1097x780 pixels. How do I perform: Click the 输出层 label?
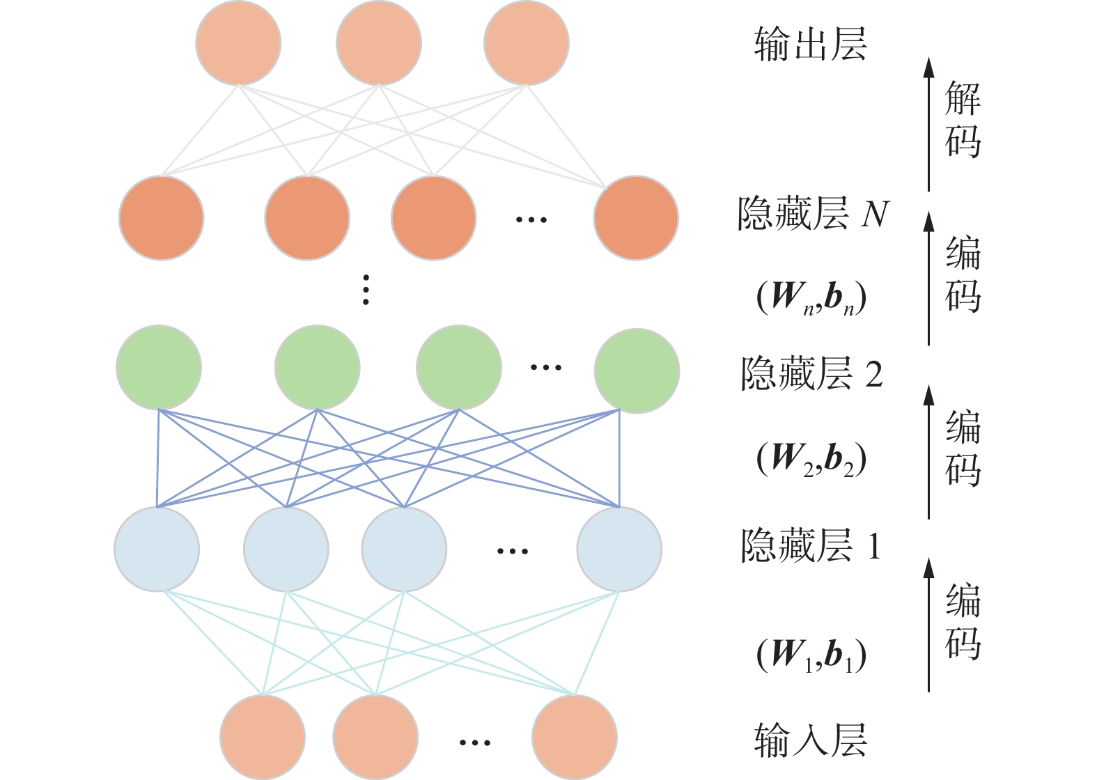pos(810,45)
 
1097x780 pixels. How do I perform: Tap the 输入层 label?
pos(810,740)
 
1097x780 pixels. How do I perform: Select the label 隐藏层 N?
pos(813,214)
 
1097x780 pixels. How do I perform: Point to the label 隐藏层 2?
pos(811,374)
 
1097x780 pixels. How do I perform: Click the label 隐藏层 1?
pos(811,546)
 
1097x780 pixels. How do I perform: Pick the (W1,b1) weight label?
pos(811,655)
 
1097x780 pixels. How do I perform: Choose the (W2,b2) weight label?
pos(811,459)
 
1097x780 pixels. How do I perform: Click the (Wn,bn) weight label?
pos(811,297)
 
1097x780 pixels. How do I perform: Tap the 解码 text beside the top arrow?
pos(963,119)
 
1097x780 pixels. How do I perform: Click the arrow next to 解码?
pos(928,125)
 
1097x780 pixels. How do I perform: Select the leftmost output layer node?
pos(238,42)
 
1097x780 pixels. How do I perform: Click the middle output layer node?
pos(379,42)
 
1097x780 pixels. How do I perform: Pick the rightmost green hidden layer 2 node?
pos(637,370)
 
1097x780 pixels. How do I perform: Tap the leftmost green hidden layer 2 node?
pos(159,367)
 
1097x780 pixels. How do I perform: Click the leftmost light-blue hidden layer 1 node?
pos(157,549)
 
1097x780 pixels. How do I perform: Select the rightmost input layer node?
pos(575,737)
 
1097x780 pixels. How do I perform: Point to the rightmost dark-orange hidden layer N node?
pos(636,218)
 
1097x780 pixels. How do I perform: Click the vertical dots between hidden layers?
pos(366,290)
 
